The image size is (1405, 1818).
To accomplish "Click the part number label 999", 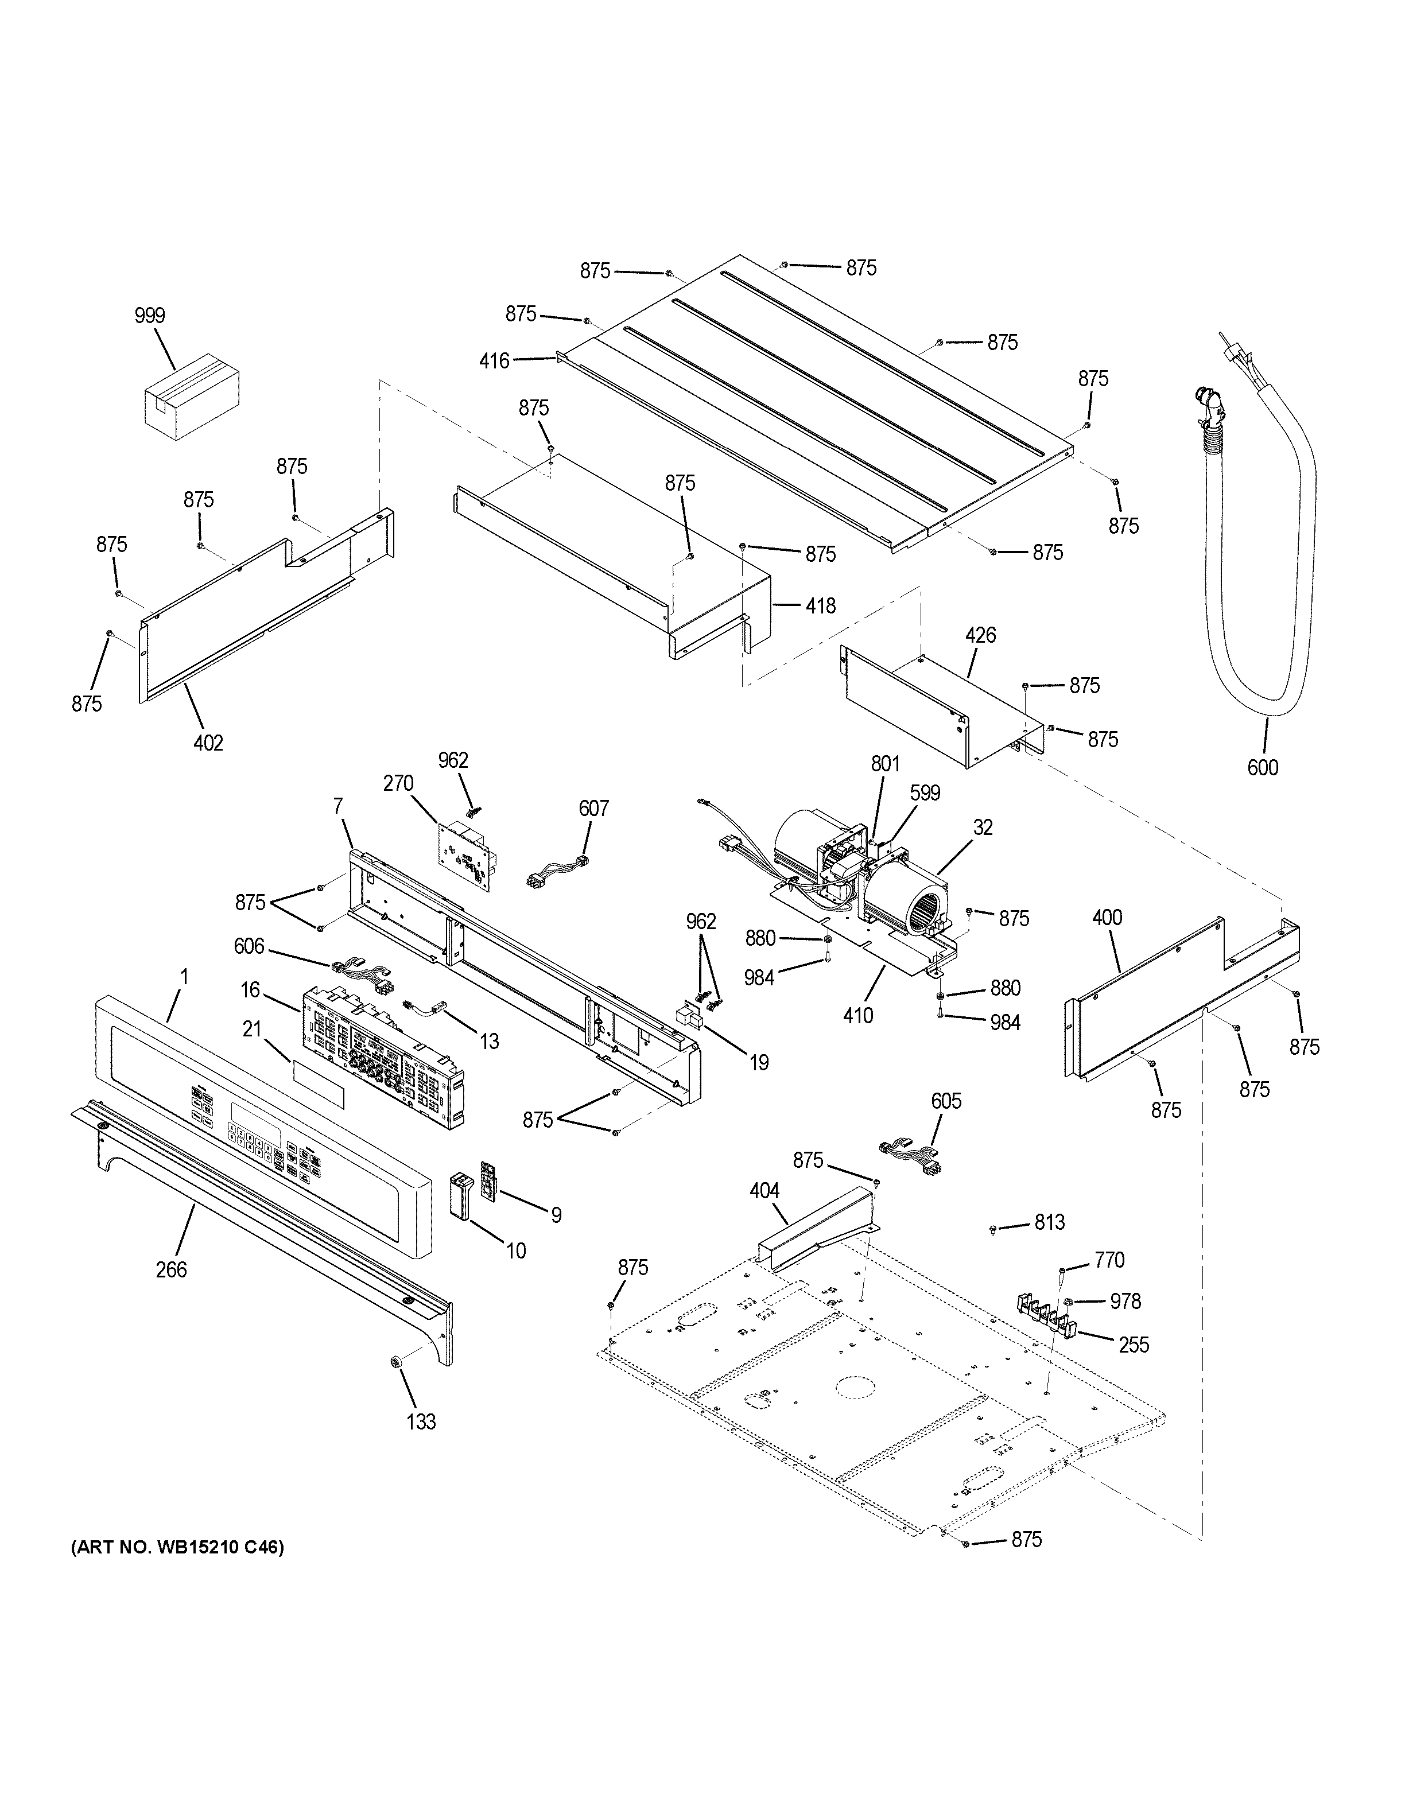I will (x=150, y=316).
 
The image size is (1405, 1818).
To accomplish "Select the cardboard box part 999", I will (x=192, y=395).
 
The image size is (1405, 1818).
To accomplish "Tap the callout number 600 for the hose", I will (x=1262, y=767).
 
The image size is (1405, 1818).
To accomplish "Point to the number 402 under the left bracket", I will (x=208, y=743).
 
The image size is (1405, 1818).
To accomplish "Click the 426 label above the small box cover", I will (x=980, y=635).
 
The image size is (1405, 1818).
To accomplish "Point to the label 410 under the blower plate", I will (x=858, y=1016).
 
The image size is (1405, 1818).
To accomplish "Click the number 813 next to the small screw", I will (x=1050, y=1222).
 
